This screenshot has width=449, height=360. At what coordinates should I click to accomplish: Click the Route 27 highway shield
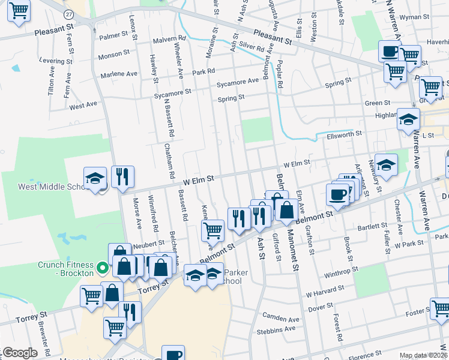pyautogui.click(x=70, y=14)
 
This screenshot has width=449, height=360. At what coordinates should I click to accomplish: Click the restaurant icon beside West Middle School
pyautogui.click(x=122, y=176)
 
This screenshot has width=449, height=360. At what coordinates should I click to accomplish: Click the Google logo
pyautogui.click(x=19, y=353)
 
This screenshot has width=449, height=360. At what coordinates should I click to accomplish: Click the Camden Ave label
pyautogui.click(x=280, y=316)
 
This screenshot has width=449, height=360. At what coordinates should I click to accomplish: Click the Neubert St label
pyautogui.click(x=149, y=243)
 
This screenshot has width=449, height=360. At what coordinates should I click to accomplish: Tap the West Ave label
pyautogui.click(x=83, y=106)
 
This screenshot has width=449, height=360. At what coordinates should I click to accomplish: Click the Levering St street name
pyautogui.click(x=56, y=61)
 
